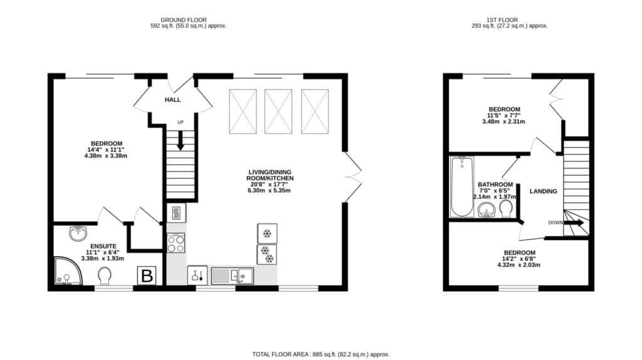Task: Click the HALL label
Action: coord(172,100)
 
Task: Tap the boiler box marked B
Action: coord(147,275)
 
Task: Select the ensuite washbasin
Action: coord(77,233)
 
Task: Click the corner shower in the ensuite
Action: coord(68,271)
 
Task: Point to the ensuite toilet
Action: coord(105,277)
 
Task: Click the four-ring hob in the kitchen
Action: coord(176,243)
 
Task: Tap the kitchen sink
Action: coord(233,276)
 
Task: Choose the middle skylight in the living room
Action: coord(278,112)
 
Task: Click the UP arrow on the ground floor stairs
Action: coord(180,140)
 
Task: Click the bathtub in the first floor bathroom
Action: coord(462,186)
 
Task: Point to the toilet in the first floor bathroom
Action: coord(507,208)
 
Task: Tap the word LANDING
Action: coord(544,191)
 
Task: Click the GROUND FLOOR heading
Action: coord(184,19)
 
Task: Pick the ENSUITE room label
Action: coord(103,246)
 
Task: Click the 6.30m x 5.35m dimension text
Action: coord(269,191)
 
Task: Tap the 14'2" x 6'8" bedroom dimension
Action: coord(518,259)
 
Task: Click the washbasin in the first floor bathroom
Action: coord(487,209)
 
